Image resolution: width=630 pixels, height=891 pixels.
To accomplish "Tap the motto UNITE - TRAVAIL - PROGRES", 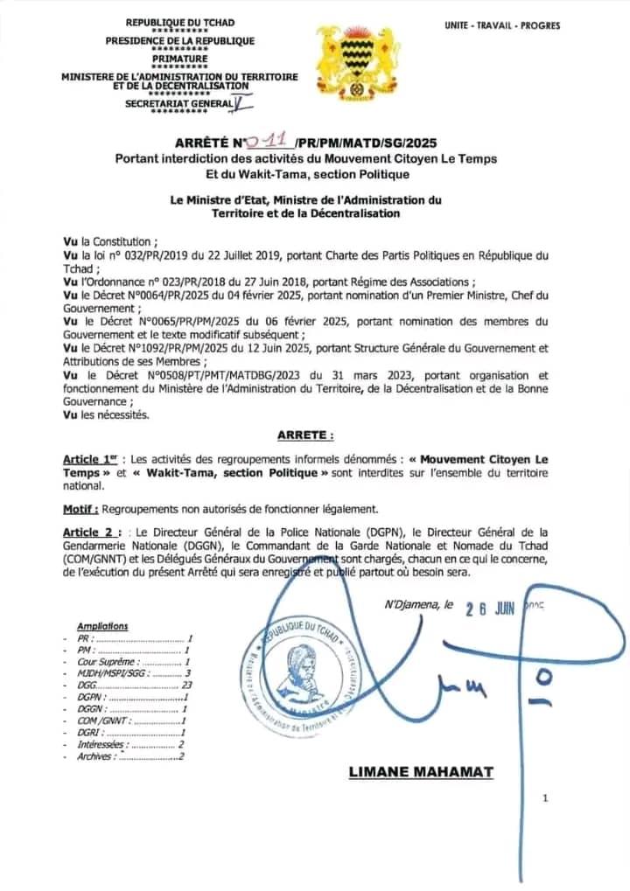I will pyautogui.click(x=502, y=26).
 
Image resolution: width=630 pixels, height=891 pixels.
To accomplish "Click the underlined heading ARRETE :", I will pyautogui.click(x=305, y=435).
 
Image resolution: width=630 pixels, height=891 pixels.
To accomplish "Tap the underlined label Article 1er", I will pyautogui.click(x=91, y=460).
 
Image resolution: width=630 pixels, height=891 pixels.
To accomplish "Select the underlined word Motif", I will pyautogui.click(x=80, y=509).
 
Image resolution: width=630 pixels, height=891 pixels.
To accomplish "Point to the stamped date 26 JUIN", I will pyautogui.click(x=490, y=609).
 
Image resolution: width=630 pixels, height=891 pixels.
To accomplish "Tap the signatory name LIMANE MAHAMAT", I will pyautogui.click(x=421, y=772).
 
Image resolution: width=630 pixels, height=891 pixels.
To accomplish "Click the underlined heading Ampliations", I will pyautogui.click(x=102, y=626).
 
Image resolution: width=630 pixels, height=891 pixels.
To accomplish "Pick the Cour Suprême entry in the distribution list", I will pyautogui.click(x=100, y=662).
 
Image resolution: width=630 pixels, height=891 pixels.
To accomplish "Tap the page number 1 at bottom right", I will pyautogui.click(x=544, y=797).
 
